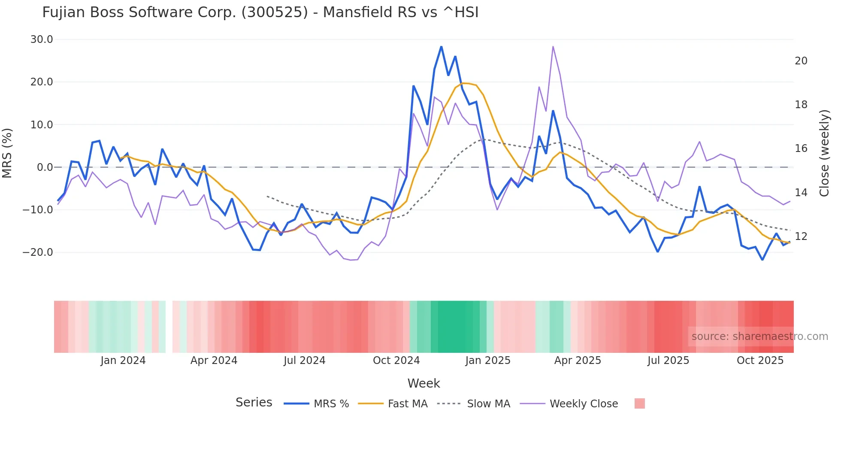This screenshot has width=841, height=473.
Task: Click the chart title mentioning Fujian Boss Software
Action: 260,12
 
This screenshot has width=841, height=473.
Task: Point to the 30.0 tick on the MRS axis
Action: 42,39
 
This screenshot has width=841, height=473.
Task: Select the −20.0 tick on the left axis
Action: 38,252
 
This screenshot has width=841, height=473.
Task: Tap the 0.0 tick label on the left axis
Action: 45,167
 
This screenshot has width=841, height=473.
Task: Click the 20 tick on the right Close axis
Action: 801,61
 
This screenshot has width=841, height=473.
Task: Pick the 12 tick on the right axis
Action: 801,236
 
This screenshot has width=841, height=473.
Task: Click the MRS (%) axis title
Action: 7,153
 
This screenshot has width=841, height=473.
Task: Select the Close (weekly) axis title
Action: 824,153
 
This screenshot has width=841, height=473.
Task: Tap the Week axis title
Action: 424,383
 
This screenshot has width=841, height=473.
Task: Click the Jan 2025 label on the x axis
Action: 488,361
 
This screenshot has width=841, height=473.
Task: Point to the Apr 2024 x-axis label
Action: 214,361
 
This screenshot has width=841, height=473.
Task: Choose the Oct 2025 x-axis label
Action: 760,361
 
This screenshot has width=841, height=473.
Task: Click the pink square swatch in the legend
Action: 639,403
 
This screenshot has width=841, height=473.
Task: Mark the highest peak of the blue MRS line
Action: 441,46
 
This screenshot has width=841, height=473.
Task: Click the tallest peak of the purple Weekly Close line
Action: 553,46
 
